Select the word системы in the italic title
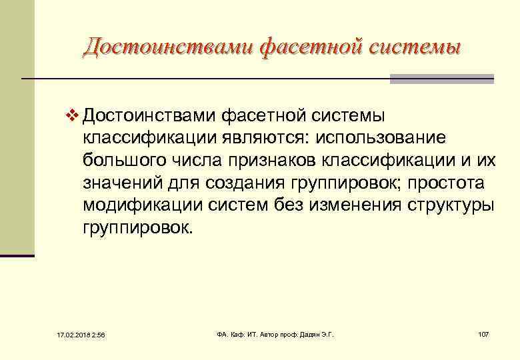pyautogui.click(x=413, y=46)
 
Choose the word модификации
pyautogui.click(x=137, y=205)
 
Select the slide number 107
pyautogui.click(x=483, y=333)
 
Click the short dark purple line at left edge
pyautogui.click(x=17, y=255)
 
